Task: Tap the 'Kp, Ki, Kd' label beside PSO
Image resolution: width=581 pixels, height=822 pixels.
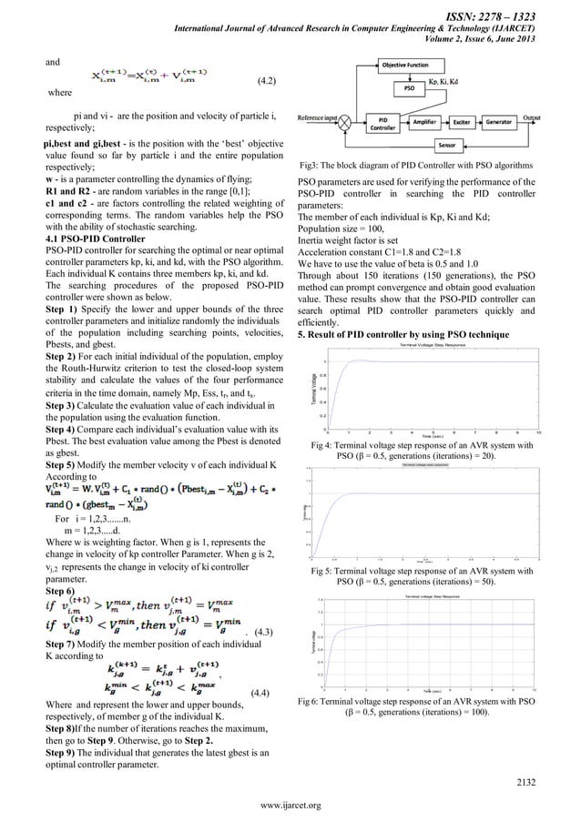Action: (x=465, y=81)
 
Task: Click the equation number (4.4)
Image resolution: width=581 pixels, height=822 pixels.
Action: (x=260, y=693)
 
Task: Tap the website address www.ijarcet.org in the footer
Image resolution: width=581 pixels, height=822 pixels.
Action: (x=290, y=807)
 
